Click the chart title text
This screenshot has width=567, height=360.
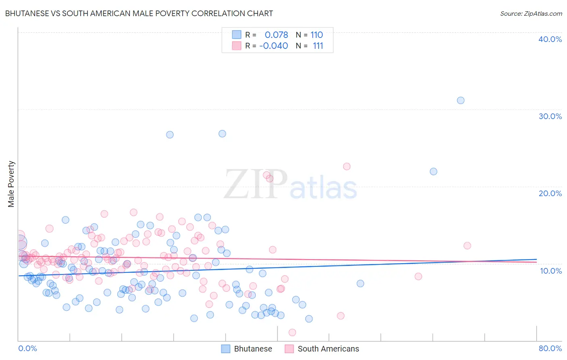point(139,13)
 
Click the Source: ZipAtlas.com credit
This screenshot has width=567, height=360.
point(531,13)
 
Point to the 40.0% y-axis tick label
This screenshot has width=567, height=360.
point(550,39)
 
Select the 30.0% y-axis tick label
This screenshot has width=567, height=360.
point(550,116)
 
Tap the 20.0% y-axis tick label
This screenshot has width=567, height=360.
point(550,193)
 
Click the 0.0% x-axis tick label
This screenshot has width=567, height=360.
point(27,348)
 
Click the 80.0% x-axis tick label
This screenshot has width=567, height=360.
point(550,348)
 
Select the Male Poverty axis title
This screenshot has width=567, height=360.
point(11,184)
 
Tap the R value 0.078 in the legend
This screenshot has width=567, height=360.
point(276,35)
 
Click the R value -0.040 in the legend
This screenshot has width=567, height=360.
point(273,46)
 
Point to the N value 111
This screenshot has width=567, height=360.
point(318,46)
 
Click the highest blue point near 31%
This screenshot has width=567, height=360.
point(461,100)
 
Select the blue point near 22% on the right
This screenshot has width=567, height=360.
point(434,172)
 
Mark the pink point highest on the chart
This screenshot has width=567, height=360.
point(346,166)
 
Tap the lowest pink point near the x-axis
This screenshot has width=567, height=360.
point(292,333)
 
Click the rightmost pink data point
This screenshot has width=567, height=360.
point(467,245)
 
